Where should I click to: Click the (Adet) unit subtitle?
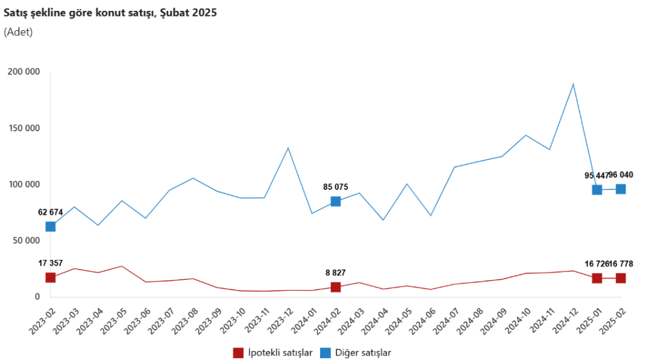click(x=18, y=31)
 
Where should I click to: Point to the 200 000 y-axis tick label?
click(x=23, y=71)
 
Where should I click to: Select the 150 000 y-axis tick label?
click(x=23, y=128)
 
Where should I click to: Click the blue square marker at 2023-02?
click(x=51, y=227)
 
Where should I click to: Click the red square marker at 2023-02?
click(x=51, y=277)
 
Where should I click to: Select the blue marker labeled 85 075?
click(x=336, y=201)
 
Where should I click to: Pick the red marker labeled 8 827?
click(x=336, y=287)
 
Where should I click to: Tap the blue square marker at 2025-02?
click(x=620, y=189)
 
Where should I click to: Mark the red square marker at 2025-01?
click(x=597, y=278)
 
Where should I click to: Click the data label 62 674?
click(x=51, y=212)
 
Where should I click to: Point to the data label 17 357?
click(x=51, y=263)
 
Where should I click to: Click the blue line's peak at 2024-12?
click(x=573, y=84)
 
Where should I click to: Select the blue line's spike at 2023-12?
click(x=288, y=148)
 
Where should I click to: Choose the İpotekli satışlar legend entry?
click(x=272, y=352)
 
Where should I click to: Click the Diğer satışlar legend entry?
click(x=355, y=352)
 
